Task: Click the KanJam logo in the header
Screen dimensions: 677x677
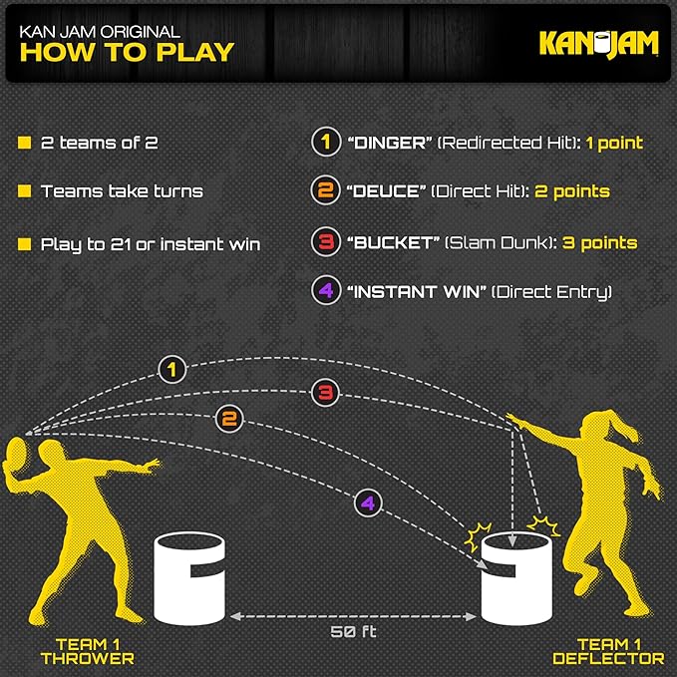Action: (598, 43)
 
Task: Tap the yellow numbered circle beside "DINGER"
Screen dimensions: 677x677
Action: (323, 143)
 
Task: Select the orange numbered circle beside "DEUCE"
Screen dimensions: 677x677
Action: (323, 191)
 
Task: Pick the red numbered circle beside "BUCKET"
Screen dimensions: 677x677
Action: (323, 242)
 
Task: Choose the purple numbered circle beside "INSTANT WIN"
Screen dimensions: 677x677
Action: (323, 292)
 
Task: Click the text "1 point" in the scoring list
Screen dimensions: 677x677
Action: (613, 143)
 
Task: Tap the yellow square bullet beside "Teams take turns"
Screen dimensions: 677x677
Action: (24, 191)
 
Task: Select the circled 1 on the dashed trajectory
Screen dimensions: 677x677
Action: (173, 370)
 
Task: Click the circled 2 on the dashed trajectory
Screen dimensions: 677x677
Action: (229, 419)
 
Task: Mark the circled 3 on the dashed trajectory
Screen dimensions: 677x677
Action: (324, 393)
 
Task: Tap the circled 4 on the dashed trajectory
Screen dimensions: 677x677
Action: (367, 504)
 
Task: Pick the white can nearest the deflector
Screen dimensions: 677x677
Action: (515, 579)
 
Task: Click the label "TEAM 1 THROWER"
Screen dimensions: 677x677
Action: (87, 651)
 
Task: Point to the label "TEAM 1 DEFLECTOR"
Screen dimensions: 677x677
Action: (608, 651)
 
